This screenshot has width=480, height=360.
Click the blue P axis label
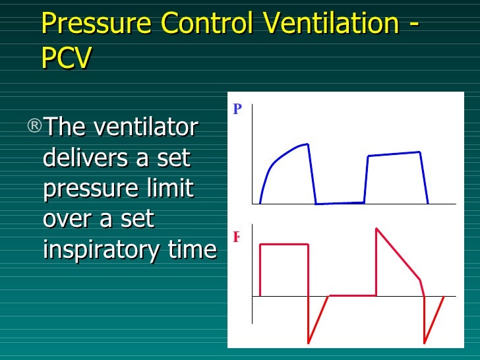237,109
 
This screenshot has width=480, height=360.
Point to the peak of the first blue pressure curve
307,144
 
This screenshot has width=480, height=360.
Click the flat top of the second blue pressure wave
394,154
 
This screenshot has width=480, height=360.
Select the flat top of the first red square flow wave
284,245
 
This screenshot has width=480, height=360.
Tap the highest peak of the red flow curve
376,228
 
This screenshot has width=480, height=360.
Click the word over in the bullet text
66,220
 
